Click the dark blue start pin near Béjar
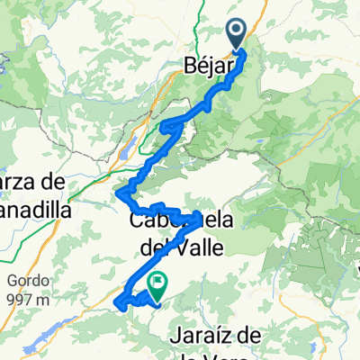pos(237,34)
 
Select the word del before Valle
pos(155,244)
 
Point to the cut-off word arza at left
pos(21,182)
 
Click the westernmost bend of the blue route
pos(119,190)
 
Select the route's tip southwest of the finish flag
pos(119,306)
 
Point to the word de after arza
pos(55,182)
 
